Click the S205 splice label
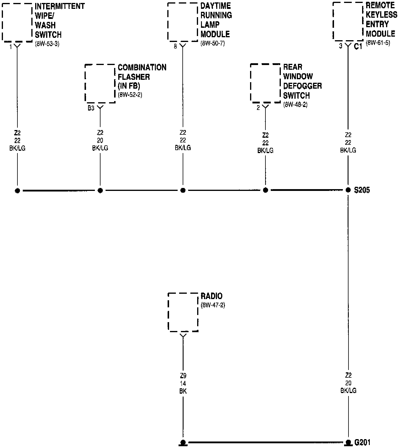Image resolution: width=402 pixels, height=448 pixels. tap(362, 190)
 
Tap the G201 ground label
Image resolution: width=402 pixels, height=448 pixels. tap(362, 442)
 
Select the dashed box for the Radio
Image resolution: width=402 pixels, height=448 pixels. tap(183, 312)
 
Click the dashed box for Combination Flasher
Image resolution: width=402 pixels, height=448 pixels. tap(100, 83)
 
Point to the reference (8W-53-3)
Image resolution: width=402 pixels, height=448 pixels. tap(47, 44)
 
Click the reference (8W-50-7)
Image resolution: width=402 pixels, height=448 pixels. tap(213, 43)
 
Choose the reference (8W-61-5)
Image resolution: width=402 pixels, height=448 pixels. tap(378, 43)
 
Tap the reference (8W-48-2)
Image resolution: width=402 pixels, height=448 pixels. tap(295, 105)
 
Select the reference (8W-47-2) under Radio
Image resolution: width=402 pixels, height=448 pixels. tap(213, 305)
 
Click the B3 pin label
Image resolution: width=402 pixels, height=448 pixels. tap(91, 108)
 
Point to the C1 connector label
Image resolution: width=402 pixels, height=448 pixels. tap(358, 46)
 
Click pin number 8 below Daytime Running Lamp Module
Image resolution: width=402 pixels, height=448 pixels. tap(175, 46)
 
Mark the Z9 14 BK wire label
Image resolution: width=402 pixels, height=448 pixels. tap(183, 383)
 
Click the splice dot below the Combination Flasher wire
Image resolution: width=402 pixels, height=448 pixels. tap(100, 190)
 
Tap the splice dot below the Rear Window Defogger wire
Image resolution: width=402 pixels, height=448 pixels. tap(265, 190)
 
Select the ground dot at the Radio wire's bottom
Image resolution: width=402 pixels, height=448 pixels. tap(183, 442)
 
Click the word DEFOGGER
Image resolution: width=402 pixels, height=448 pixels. tap(302, 86)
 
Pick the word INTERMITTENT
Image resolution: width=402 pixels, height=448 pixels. tap(60, 6)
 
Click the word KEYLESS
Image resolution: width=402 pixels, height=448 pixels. tap(381, 14)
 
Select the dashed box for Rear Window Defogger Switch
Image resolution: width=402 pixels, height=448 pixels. tap(265, 83)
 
